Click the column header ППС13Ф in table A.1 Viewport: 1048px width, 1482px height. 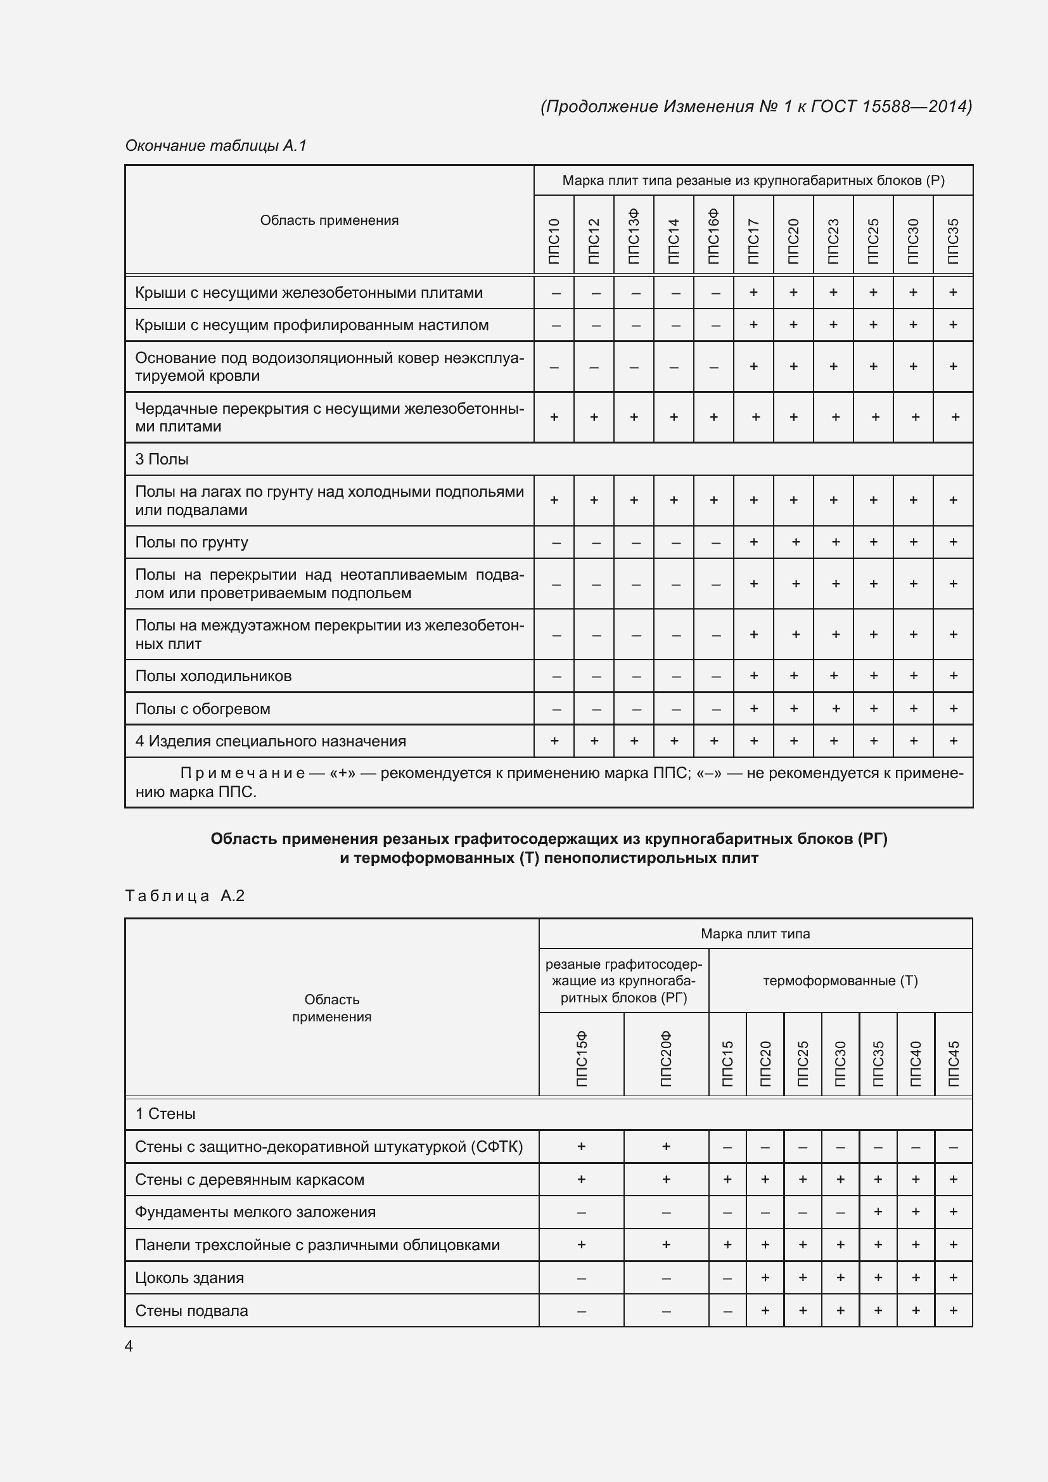pyautogui.click(x=634, y=236)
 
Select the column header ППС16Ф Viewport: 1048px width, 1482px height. pyautogui.click(x=713, y=236)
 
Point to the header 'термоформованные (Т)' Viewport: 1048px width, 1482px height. pyautogui.click(x=840, y=980)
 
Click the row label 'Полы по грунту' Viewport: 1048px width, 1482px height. pyautogui.click(x=191, y=542)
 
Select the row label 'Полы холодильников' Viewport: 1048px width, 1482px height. pyautogui.click(x=213, y=676)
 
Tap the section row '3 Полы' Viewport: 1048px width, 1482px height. pyautogui.click(x=162, y=459)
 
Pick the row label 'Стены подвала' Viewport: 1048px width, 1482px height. pyautogui.click(x=191, y=1310)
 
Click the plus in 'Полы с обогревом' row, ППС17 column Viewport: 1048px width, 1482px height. pyautogui.click(x=753, y=709)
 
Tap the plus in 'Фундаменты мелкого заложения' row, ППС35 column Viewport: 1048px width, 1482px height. pyautogui.click(x=878, y=1211)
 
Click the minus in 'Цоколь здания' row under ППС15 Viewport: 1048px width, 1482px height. pyautogui.click(x=727, y=1278)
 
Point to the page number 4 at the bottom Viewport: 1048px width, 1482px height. pyautogui.click(x=129, y=1346)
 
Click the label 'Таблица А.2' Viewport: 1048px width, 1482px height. pyautogui.click(x=184, y=895)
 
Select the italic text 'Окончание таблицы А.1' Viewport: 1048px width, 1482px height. pyautogui.click(x=215, y=146)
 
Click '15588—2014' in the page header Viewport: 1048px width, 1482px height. pyautogui.click(x=916, y=106)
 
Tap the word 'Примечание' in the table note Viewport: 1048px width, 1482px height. pyautogui.click(x=242, y=773)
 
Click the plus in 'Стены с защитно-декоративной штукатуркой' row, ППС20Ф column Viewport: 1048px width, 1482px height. pyautogui.click(x=666, y=1146)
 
